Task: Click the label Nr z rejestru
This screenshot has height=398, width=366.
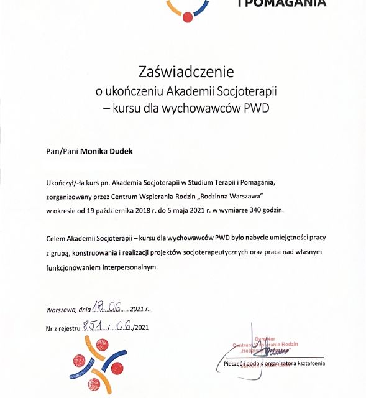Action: coord(63,326)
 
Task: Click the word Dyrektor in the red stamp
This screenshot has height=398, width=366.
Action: coord(274,338)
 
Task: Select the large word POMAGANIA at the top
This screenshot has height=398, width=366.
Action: coord(283,4)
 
